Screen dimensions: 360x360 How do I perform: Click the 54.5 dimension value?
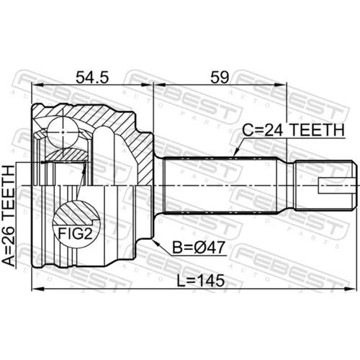coord(92,77)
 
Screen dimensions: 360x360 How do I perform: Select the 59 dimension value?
coord(220,77)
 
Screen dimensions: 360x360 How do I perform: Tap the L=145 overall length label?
coord(201,281)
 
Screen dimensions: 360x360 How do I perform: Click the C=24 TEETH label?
coord(293,130)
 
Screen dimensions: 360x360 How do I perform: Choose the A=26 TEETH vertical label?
coord(9,215)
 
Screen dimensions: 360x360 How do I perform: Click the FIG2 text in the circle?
coord(75,233)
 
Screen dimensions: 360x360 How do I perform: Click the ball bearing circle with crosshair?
coord(63,132)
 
